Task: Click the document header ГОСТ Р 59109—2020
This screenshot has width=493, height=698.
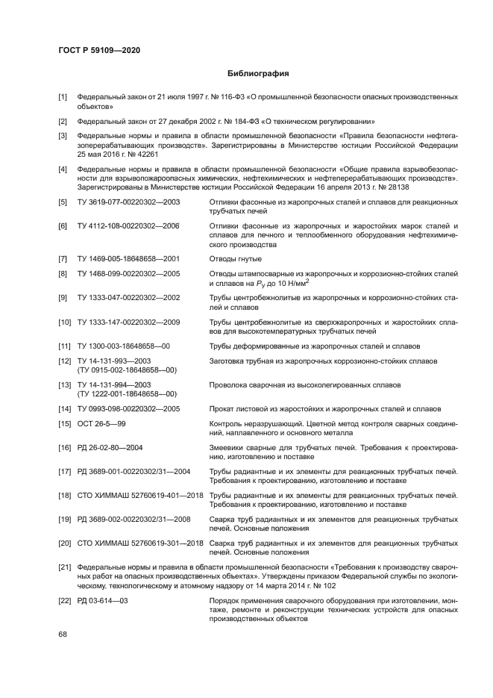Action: point(99,50)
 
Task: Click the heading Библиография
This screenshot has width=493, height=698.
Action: point(258,74)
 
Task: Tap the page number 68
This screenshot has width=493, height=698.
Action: point(63,634)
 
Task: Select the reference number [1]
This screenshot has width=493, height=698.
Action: point(63,98)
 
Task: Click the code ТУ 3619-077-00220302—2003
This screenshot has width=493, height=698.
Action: point(128,202)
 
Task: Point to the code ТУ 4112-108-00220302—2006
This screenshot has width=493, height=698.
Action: point(128,225)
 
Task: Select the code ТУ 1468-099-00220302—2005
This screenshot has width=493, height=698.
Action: point(128,274)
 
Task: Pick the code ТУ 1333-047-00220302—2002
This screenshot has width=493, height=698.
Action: point(128,298)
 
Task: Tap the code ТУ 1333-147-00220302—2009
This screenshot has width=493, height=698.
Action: point(128,322)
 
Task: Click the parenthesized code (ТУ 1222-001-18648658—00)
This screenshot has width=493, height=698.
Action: point(127,393)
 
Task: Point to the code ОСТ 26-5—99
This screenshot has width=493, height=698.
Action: point(101,423)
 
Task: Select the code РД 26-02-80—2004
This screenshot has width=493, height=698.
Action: point(110,447)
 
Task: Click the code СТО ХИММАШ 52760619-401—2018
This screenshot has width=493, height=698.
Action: point(140,495)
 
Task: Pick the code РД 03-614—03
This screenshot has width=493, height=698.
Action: point(102,600)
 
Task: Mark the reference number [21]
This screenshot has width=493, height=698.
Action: point(65,567)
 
